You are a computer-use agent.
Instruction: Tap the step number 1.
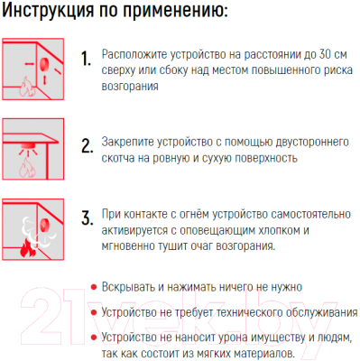click(86, 60)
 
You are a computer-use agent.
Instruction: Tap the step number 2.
click(87, 146)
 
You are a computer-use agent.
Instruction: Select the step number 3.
click(87, 220)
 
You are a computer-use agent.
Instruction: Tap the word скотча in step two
click(122, 159)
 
